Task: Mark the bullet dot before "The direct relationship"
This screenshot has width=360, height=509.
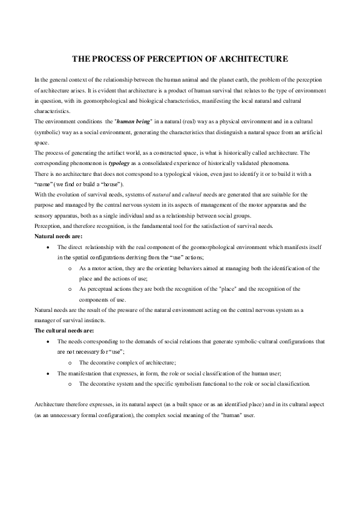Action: pyautogui.click(x=48, y=248)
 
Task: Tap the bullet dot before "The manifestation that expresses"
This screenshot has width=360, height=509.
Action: pyautogui.click(x=48, y=374)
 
